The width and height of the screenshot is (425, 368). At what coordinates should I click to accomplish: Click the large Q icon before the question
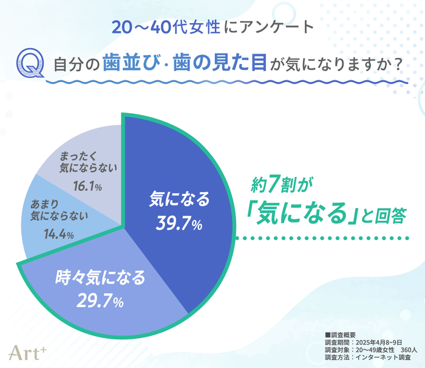click(30, 64)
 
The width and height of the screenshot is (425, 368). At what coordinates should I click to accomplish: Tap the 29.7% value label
click(101, 300)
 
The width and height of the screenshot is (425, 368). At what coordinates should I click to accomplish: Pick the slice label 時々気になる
click(101, 279)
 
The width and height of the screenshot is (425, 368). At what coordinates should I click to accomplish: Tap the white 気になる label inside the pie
click(180, 200)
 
